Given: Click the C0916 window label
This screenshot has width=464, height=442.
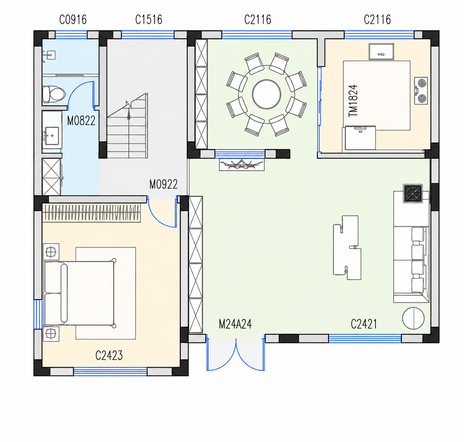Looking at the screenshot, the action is tap(73, 19).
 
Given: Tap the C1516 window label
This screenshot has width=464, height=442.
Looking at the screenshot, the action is tap(149, 19).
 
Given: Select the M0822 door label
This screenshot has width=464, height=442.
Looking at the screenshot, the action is tap(81, 121).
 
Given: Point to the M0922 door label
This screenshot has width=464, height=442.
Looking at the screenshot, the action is tap(163, 184).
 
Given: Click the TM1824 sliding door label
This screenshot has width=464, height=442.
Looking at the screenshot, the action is tap(353, 101).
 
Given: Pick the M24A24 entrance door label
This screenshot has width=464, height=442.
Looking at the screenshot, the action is tap(235, 324).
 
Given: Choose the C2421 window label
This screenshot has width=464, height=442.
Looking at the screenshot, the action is tap(364, 324).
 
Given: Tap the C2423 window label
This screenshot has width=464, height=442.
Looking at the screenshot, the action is tap(109, 355).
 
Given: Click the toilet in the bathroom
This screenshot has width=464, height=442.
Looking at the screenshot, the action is tap(53, 94).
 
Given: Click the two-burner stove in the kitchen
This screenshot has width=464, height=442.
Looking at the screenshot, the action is tap(421, 90).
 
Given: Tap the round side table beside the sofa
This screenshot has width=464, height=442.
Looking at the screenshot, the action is tap(413, 318).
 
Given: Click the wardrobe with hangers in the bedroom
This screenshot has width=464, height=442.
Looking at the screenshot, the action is tap(92, 213).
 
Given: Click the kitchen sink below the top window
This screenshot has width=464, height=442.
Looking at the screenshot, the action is tap(381, 52).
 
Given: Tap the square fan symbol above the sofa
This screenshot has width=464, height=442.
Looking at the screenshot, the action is tap(413, 194).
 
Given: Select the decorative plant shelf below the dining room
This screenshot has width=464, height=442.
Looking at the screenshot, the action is tap(242, 165).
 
